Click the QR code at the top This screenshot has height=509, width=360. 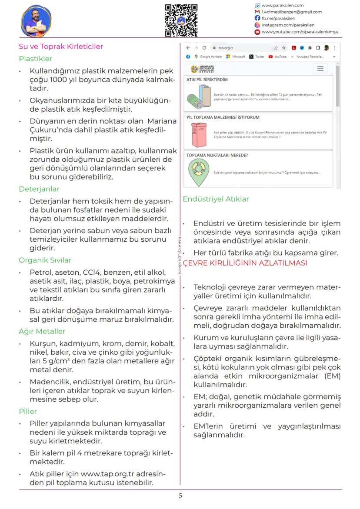[x=181, y=20]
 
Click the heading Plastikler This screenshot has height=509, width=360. [x=35, y=59]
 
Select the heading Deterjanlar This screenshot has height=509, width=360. [x=39, y=189]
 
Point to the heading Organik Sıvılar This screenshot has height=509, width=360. [x=45, y=260]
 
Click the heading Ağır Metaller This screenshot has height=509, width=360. [x=42, y=331]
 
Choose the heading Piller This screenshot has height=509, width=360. [x=28, y=411]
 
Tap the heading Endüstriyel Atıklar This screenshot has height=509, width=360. [x=216, y=199]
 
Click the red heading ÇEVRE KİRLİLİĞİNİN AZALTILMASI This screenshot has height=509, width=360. [x=245, y=263]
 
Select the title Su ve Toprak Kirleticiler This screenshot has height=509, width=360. [x=61, y=47]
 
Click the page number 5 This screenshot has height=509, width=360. [x=180, y=496]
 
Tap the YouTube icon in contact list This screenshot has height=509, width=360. [x=257, y=32]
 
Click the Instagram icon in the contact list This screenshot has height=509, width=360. [x=257, y=25]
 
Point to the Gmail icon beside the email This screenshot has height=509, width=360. [x=257, y=12]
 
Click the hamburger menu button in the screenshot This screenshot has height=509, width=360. [x=320, y=69]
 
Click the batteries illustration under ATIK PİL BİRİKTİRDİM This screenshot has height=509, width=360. [x=198, y=96]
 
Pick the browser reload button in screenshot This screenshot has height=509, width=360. [x=204, y=48]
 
